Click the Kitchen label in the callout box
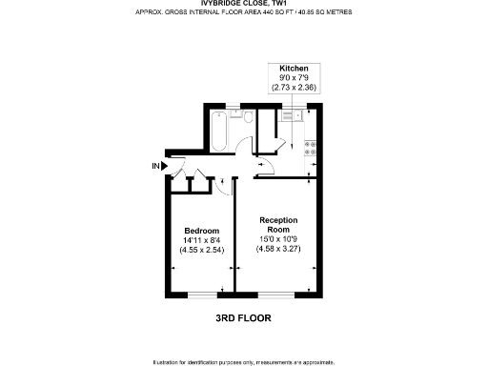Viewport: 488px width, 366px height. coord(293,70)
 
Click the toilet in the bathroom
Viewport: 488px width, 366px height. coord(247,118)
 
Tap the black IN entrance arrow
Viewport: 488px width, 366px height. coord(164,166)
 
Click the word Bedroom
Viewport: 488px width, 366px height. coord(201,231)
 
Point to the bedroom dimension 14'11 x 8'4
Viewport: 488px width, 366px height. coord(201,240)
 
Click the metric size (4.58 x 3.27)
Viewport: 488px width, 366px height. coord(278,249)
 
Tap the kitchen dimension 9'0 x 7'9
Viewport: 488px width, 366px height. coord(293,78)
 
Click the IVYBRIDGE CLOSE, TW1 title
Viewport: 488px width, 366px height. coord(244,5)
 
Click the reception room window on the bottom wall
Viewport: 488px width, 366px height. coord(277,295)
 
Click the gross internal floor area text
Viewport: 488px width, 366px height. coord(244,13)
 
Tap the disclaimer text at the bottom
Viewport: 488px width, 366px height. coord(244,361)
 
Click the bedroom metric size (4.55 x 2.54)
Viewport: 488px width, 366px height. coord(201,250)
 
